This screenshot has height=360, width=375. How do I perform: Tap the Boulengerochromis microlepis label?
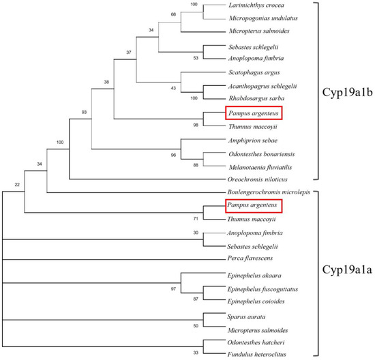coord(269,192)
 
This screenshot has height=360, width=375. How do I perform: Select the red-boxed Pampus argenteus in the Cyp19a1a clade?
coord(252,205)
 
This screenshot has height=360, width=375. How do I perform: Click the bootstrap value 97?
coord(172,289)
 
